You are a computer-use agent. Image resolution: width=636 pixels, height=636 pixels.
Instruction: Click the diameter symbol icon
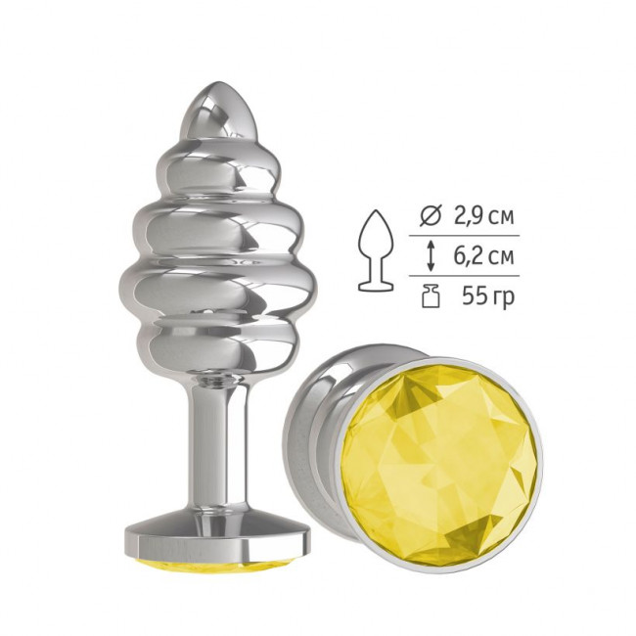[x=430, y=216]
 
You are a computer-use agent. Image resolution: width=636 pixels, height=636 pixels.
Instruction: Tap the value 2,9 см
[x=483, y=216]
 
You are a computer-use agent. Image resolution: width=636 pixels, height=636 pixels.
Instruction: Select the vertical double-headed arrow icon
[x=431, y=256]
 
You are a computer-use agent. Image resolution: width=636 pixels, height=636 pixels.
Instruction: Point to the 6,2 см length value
[x=483, y=256]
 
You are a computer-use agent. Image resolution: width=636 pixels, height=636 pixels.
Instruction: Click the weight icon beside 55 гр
[x=431, y=296]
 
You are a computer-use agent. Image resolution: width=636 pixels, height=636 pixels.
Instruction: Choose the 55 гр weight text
[x=488, y=297]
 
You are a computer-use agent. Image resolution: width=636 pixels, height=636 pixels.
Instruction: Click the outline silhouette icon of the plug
[x=376, y=250]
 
